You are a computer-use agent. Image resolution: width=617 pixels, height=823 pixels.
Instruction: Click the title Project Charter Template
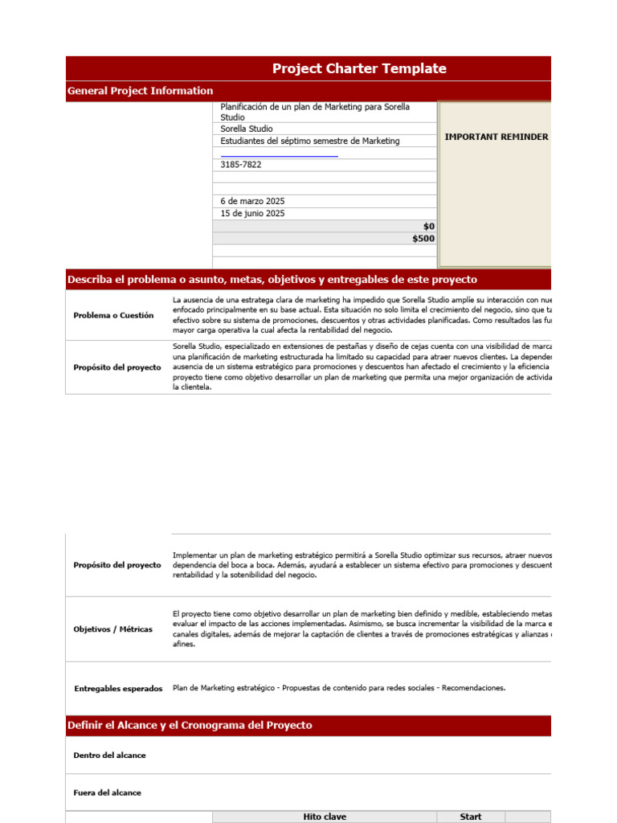(x=359, y=68)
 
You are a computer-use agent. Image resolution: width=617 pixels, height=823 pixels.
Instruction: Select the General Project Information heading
(x=141, y=91)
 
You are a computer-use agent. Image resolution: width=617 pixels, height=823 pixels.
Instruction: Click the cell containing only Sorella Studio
(x=247, y=129)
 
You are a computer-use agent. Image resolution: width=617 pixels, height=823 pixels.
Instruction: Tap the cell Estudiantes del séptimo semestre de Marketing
(x=310, y=141)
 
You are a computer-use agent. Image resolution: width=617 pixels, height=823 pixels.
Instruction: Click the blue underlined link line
(x=279, y=155)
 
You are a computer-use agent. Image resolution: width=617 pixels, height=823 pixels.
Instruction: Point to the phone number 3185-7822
(x=241, y=165)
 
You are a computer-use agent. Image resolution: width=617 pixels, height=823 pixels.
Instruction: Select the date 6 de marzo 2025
(x=253, y=201)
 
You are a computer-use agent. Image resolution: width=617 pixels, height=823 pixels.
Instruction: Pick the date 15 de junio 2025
(x=253, y=214)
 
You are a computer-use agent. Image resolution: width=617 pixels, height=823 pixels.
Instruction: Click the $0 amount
(x=428, y=227)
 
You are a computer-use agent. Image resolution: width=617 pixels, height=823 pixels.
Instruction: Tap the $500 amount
(x=423, y=239)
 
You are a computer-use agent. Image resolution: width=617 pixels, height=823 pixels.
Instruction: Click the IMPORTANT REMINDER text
(x=496, y=137)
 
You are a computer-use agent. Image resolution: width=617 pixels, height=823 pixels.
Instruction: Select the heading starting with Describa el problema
(x=272, y=280)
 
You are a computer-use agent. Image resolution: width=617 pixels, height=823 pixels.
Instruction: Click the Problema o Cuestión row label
(x=113, y=316)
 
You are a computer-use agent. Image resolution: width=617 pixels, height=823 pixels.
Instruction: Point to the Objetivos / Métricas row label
(x=112, y=629)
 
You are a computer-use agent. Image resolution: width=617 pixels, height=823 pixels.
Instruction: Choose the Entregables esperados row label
(x=118, y=689)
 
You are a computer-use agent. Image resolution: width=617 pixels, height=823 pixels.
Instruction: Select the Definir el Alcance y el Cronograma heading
(x=190, y=725)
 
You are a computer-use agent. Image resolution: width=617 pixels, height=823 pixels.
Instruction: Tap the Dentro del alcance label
(x=109, y=755)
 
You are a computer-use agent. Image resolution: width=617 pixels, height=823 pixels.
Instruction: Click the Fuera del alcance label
(x=107, y=792)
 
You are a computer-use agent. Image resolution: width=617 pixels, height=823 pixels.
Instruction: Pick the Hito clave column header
(x=325, y=817)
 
